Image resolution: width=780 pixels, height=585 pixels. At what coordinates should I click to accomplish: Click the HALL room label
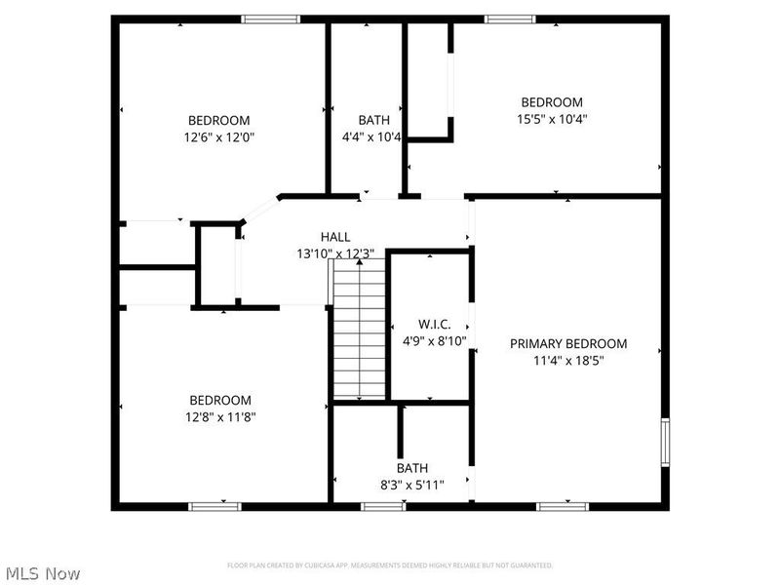tap(335, 237)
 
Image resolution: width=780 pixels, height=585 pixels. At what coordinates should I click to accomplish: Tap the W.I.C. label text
tap(434, 324)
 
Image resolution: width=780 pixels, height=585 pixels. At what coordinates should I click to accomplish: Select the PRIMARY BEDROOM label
tap(568, 343)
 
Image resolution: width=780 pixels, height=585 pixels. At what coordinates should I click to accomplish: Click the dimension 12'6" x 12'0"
tap(220, 137)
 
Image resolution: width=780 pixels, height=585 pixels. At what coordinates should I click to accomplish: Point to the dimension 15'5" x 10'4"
tap(552, 119)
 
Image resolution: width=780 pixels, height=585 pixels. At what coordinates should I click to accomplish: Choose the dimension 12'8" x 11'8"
tap(220, 417)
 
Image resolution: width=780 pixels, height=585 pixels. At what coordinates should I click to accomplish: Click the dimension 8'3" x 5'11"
tap(411, 485)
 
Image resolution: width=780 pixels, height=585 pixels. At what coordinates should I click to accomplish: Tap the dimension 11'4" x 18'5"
tap(568, 360)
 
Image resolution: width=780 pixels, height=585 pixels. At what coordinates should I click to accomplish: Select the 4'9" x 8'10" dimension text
tap(434, 341)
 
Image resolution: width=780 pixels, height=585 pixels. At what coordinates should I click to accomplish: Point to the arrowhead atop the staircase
tap(360, 262)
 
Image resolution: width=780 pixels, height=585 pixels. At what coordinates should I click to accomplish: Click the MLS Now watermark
tap(42, 574)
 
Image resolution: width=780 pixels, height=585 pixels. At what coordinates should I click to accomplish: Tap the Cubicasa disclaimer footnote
tap(390, 565)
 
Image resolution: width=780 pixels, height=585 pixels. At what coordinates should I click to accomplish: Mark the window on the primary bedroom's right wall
tap(666, 440)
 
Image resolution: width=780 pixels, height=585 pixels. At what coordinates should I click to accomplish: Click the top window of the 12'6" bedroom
tap(271, 19)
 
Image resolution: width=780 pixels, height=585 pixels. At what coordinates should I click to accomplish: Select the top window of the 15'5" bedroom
tap(510, 19)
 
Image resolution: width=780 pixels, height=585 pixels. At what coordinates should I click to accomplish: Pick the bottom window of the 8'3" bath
tap(383, 506)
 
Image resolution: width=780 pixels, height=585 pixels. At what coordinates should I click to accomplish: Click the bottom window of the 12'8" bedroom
tap(214, 506)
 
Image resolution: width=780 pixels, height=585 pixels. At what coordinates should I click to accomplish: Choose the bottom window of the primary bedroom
tap(564, 506)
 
